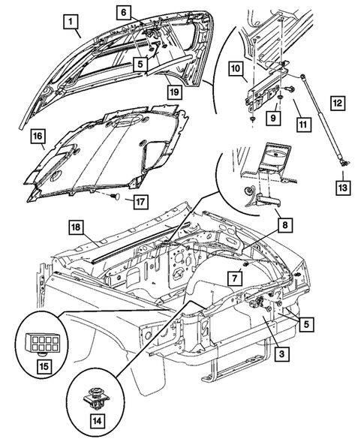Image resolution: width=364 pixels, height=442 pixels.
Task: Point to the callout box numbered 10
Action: point(235,68)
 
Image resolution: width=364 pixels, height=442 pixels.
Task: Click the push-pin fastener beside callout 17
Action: point(114,196)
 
